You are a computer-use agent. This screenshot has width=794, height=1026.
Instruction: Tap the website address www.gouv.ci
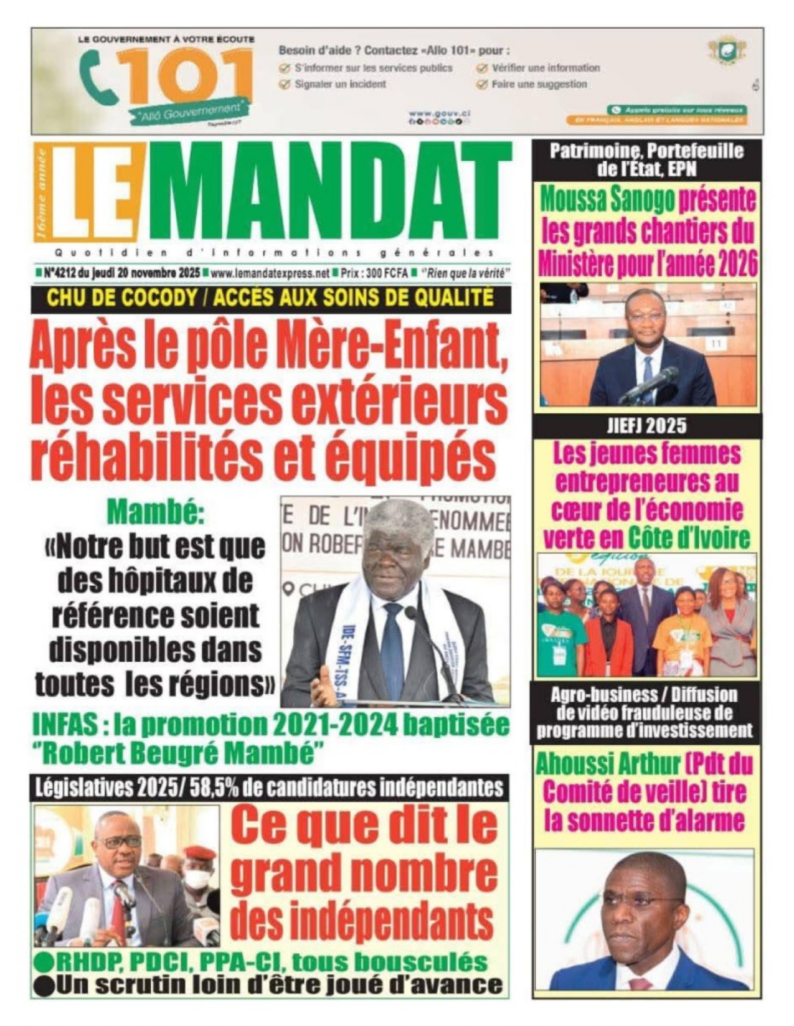coord(439,113)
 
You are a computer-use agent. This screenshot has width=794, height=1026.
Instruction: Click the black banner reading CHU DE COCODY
coord(271,299)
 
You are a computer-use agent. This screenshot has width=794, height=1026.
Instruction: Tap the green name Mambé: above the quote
coord(155,512)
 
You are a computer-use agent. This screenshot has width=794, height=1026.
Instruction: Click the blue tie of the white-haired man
coord(393,647)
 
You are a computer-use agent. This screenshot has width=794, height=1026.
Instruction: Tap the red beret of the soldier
coord(201,852)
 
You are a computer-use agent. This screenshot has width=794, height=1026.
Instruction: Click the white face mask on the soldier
coord(197,879)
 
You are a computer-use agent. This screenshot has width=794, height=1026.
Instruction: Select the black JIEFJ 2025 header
coord(646,426)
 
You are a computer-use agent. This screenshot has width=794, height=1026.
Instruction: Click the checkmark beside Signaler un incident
coord(285,85)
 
